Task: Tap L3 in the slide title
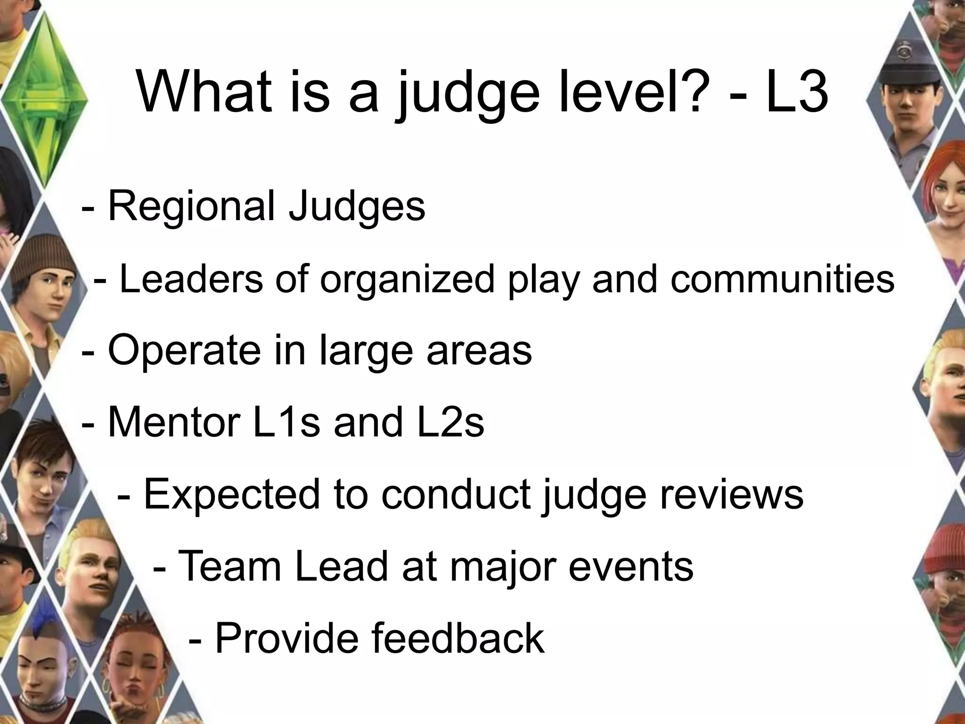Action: coord(796,92)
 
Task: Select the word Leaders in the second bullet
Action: coord(190,279)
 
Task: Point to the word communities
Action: coord(782,279)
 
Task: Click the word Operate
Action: coord(184,351)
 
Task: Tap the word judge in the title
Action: coord(466,94)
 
